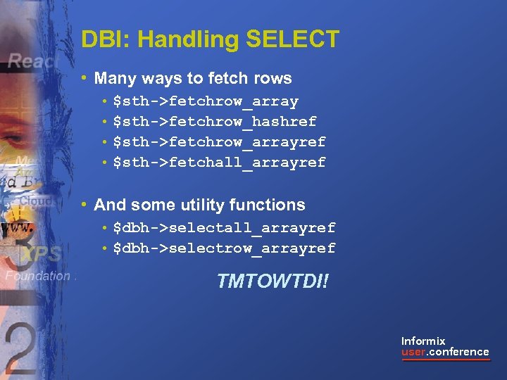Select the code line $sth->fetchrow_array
[x=206, y=101]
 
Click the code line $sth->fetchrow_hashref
[x=215, y=122]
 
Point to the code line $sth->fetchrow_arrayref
[x=219, y=142]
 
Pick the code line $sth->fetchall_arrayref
[x=219, y=163]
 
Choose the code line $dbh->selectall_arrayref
[x=224, y=228]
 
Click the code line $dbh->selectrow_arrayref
[x=224, y=248]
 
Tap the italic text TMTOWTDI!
[x=273, y=282]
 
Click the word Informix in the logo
[x=423, y=341]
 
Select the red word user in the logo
[x=413, y=352]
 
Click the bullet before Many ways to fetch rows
[x=84, y=78]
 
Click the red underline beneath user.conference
[x=445, y=360]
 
